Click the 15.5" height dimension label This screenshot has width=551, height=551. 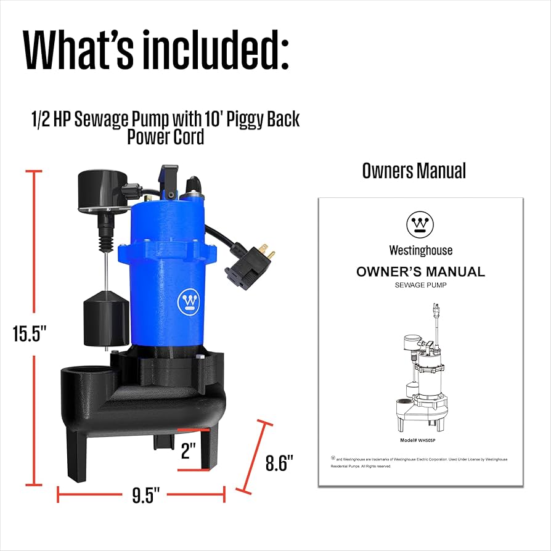(30, 333)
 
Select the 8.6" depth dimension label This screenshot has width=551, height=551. (279, 462)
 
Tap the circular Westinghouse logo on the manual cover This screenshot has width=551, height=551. (420, 224)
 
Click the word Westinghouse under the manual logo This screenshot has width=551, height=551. (420, 250)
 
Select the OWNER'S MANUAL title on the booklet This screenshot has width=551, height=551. (420, 271)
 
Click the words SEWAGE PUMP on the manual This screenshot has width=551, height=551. (420, 285)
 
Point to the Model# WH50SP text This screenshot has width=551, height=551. (421, 440)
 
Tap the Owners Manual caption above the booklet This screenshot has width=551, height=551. (414, 171)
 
